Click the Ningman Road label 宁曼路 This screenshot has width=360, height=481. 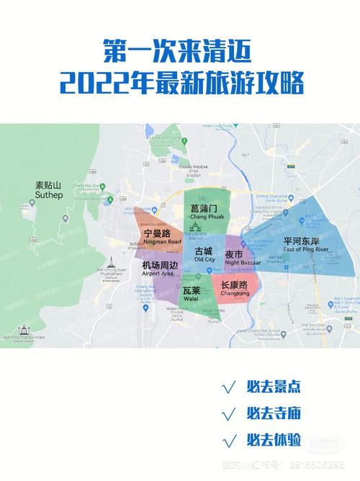pyautogui.click(x=156, y=235)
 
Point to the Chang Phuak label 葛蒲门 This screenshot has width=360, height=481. pyautogui.click(x=204, y=210)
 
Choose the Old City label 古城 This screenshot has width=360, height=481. pyautogui.click(x=204, y=253)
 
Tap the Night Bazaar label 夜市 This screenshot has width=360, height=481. pyautogui.click(x=234, y=256)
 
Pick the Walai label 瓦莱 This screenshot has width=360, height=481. pyautogui.click(x=191, y=292)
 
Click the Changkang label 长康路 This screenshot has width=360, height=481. pyautogui.click(x=233, y=287)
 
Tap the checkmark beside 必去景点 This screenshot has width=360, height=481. pyautogui.click(x=230, y=387)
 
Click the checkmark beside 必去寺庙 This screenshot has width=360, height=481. pyautogui.click(x=230, y=413)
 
